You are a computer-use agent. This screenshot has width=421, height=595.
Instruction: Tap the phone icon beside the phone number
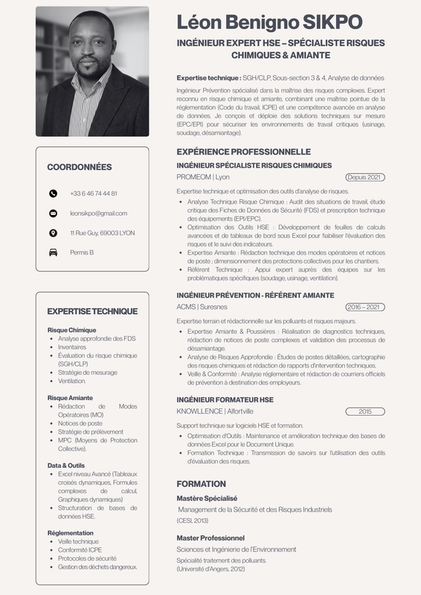tap(53, 193)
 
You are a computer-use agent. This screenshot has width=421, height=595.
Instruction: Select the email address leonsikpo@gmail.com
tap(99, 213)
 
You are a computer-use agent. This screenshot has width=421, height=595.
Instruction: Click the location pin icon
tap(53, 233)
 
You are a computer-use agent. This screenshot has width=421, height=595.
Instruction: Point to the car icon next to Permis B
tap(53, 253)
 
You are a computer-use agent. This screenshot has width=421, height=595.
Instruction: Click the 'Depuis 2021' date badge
tap(365, 178)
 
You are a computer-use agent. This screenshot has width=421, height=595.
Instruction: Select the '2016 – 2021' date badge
tap(365, 307)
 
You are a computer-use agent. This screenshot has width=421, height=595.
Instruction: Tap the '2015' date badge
tap(365, 411)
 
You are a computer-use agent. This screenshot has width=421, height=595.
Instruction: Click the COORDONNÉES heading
tap(79, 167)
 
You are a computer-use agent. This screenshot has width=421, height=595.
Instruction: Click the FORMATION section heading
tap(201, 483)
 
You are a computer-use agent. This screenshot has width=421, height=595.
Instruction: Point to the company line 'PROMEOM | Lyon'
tap(203, 178)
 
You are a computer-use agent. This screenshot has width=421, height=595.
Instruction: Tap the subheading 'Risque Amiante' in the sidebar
tap(70, 398)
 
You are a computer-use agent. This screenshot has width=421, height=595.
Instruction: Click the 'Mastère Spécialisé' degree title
tap(207, 498)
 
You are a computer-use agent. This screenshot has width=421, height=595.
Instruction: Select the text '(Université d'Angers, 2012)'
tap(210, 569)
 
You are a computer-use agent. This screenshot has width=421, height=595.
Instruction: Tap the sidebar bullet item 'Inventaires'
tap(72, 347)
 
